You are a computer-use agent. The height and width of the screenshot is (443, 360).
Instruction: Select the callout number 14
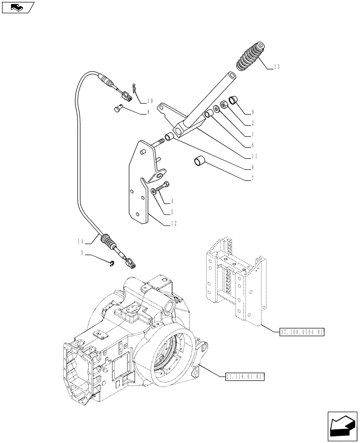pyautogui.click(x=80, y=241)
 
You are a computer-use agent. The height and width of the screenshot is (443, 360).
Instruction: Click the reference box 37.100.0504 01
pyautogui.click(x=302, y=332)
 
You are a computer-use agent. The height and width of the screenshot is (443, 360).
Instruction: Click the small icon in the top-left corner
pyautogui.click(x=17, y=8)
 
